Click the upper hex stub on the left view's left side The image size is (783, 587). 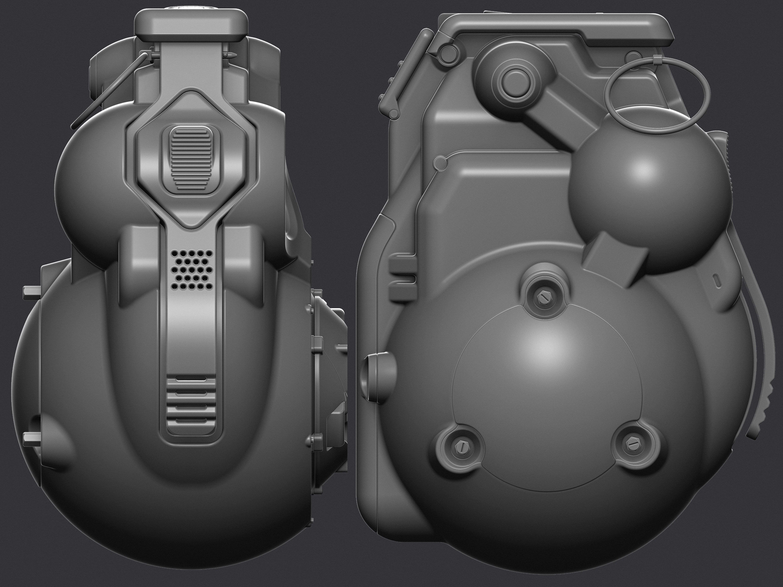pos(32,292)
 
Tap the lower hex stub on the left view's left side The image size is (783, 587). pos(32,439)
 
